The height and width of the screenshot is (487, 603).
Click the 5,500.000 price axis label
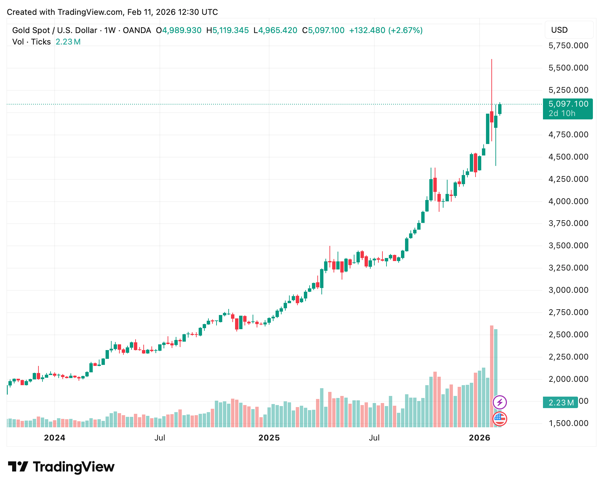coord(568,68)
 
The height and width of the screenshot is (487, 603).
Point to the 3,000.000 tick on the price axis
coord(568,290)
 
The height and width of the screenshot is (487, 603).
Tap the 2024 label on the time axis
coord(55,438)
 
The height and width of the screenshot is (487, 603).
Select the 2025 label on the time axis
coord(269,438)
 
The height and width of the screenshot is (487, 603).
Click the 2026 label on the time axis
coord(480,438)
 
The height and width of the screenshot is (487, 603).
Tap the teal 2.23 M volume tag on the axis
coord(561,402)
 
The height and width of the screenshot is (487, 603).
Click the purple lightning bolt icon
coord(500,402)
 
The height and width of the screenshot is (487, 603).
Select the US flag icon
coord(500,419)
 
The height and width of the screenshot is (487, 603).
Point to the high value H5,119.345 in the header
coord(228,30)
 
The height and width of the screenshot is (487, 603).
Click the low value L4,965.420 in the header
coord(276,30)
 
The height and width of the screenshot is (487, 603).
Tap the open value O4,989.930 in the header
coord(179,30)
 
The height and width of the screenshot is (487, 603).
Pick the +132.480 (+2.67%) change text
coord(386,30)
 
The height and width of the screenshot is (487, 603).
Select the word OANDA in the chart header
coord(137,30)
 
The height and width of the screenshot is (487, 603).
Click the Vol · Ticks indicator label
coord(31,42)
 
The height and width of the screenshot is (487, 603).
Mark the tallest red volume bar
coord(492,376)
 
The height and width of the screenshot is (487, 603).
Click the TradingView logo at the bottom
coord(61,467)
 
